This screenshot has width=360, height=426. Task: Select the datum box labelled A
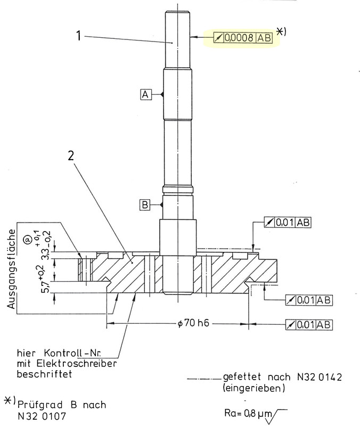(x=145, y=94)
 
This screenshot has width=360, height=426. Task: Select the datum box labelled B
(x=145, y=204)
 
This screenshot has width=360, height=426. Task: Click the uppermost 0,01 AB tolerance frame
(x=288, y=222)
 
